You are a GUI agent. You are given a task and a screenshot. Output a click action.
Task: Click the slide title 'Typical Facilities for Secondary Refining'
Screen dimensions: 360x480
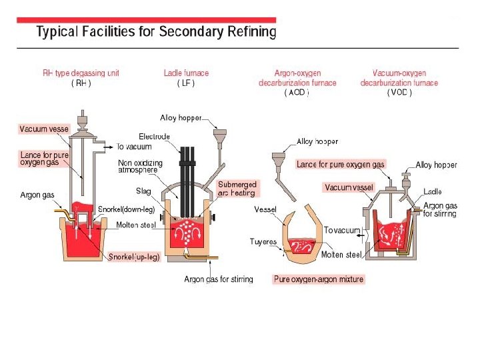tap(155, 32)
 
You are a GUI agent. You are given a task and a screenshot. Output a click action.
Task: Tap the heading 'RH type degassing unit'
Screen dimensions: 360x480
tap(81, 73)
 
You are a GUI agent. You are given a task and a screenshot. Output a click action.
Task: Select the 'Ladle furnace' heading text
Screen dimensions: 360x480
tap(186, 73)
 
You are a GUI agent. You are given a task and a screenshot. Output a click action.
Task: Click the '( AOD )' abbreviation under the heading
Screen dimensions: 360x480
tap(297, 93)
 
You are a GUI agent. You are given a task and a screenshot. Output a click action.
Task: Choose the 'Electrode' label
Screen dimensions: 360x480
tap(154, 137)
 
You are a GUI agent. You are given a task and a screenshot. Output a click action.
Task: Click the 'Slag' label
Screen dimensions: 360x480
tap(143, 191)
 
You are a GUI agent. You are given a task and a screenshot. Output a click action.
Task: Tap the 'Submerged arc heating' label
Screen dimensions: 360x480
tap(237, 189)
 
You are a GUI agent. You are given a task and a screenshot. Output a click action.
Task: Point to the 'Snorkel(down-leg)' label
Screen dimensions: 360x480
tap(127, 209)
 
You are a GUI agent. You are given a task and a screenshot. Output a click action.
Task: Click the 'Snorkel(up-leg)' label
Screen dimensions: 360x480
tap(134, 257)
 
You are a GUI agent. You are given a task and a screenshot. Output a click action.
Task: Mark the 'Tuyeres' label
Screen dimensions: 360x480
tap(263, 241)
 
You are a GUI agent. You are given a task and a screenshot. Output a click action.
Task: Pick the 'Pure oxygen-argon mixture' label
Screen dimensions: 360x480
tap(319, 279)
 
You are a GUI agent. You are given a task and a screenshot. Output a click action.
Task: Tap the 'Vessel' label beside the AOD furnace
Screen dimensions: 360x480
tap(265, 209)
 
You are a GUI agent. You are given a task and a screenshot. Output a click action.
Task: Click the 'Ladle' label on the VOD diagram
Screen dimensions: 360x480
tap(433, 192)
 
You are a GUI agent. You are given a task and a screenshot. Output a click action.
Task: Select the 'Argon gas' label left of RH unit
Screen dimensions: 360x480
tap(37, 195)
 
